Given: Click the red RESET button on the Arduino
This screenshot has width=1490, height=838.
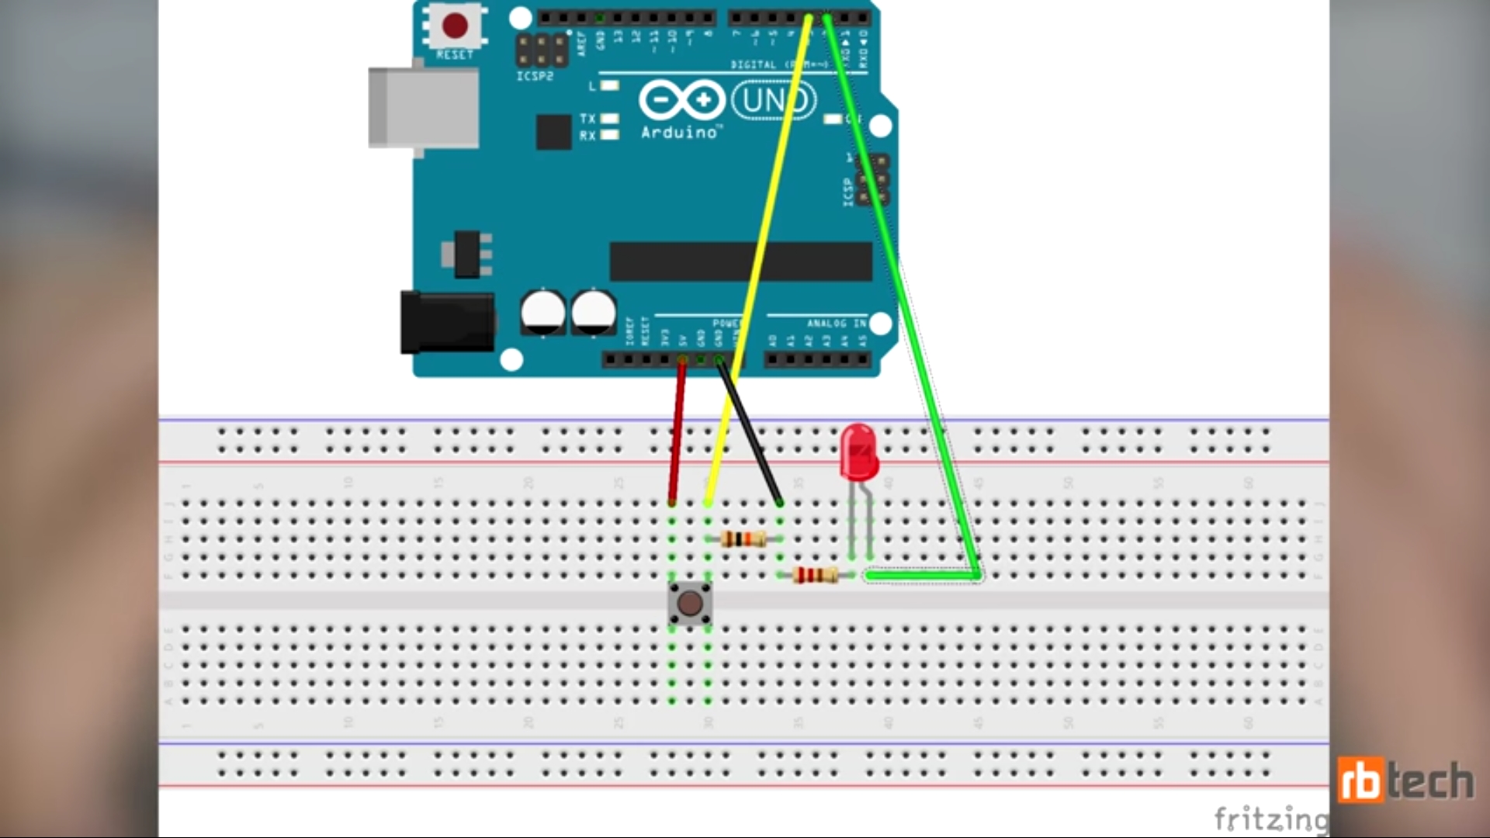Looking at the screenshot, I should coord(455,26).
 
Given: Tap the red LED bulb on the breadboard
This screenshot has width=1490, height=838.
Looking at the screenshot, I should coord(858,451).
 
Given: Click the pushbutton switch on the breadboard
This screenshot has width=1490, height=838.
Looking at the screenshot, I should coord(690,603).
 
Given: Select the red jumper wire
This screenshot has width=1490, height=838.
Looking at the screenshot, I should coord(677,435).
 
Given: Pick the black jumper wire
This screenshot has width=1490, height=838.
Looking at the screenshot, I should coord(750,435).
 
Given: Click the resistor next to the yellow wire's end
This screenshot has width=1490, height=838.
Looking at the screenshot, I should coord(743,539).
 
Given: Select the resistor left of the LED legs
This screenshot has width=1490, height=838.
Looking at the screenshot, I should coord(815,576).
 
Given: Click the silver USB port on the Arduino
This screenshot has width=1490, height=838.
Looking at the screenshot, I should coord(423,107).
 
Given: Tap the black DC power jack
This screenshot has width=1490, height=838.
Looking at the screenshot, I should coord(447,322).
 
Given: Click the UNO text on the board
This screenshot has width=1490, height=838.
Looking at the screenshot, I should coord(773,101).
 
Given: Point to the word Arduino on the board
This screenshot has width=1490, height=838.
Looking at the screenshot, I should coord(679,133).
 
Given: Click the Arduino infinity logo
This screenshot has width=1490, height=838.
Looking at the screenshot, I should coord(681,101).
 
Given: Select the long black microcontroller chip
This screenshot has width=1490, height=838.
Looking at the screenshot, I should coord(740,261).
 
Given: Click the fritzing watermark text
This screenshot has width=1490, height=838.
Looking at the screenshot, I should coord(1270,818).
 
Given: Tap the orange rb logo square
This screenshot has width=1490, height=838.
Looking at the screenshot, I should coord(1360,781).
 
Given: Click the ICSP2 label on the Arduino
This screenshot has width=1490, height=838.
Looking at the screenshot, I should coord(535,76).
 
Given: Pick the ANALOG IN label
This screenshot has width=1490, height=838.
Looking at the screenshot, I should coord(836,324).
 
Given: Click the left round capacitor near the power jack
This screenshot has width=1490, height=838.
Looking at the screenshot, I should coord(543,313).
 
